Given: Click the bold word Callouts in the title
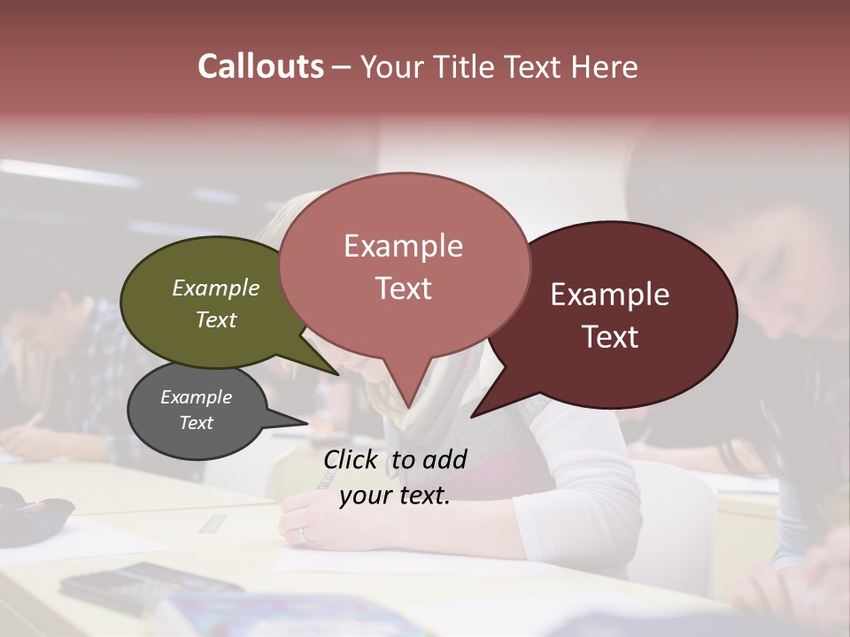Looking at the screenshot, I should [x=260, y=66].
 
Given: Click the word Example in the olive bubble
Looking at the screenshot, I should [x=216, y=288].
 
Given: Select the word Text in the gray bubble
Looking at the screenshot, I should [x=197, y=423].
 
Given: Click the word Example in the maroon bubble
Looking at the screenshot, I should [x=610, y=295].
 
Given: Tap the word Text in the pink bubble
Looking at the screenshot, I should [x=404, y=288].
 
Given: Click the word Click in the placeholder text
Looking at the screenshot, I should [x=352, y=459].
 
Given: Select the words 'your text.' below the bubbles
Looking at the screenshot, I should [x=395, y=496].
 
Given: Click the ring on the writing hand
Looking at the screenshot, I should [x=303, y=533].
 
